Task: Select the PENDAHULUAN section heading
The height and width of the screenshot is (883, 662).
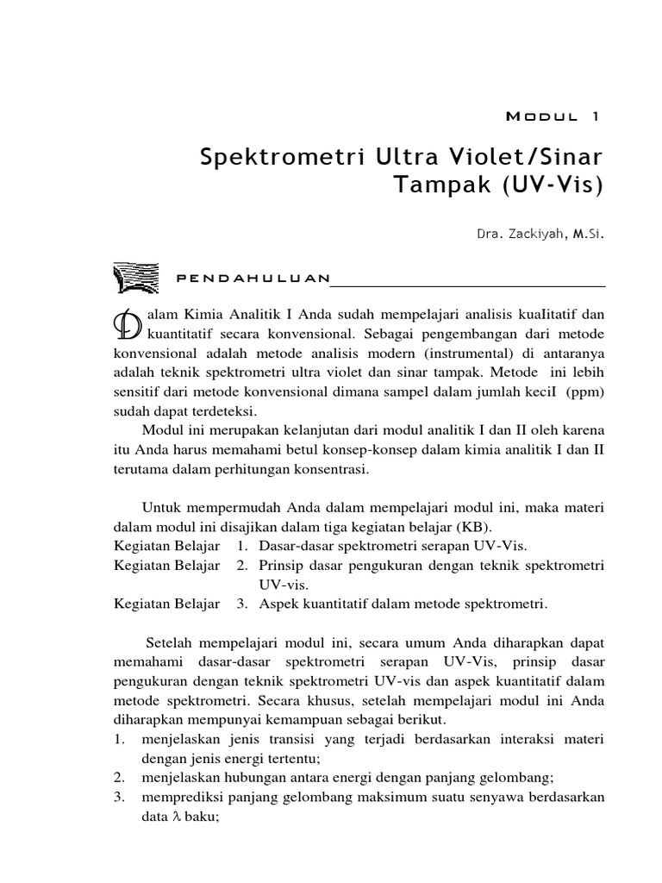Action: pos(253,278)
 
